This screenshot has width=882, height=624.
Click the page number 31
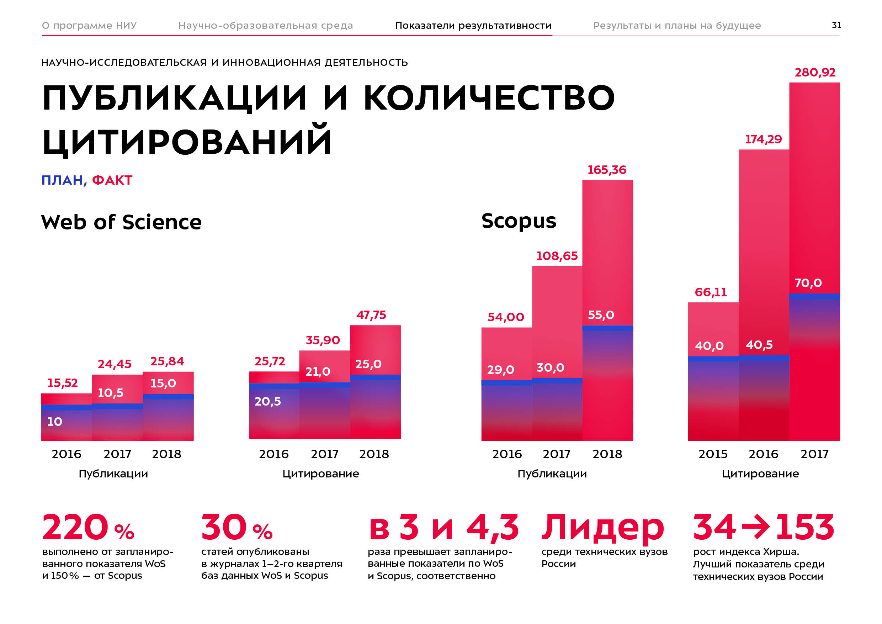coord(836,25)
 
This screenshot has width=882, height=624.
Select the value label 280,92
coord(815,72)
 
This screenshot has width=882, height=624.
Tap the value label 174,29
coord(763,139)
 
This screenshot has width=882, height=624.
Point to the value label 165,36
coord(607,170)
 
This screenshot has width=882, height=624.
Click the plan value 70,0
coord(808,283)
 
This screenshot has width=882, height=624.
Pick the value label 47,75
coord(371,315)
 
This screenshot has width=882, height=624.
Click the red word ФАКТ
coord(112,180)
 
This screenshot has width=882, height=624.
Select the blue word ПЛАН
coord(63,180)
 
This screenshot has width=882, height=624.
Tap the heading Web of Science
coord(121,222)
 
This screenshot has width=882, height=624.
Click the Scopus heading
coord(519,221)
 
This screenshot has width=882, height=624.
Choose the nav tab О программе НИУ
coord(89,26)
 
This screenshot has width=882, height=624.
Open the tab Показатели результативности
coord(473,26)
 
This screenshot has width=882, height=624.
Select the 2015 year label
coord(713,454)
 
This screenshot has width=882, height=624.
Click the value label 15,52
coord(62,383)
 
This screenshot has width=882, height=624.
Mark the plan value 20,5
coord(267,402)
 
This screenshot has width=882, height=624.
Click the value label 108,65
coord(557,256)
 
